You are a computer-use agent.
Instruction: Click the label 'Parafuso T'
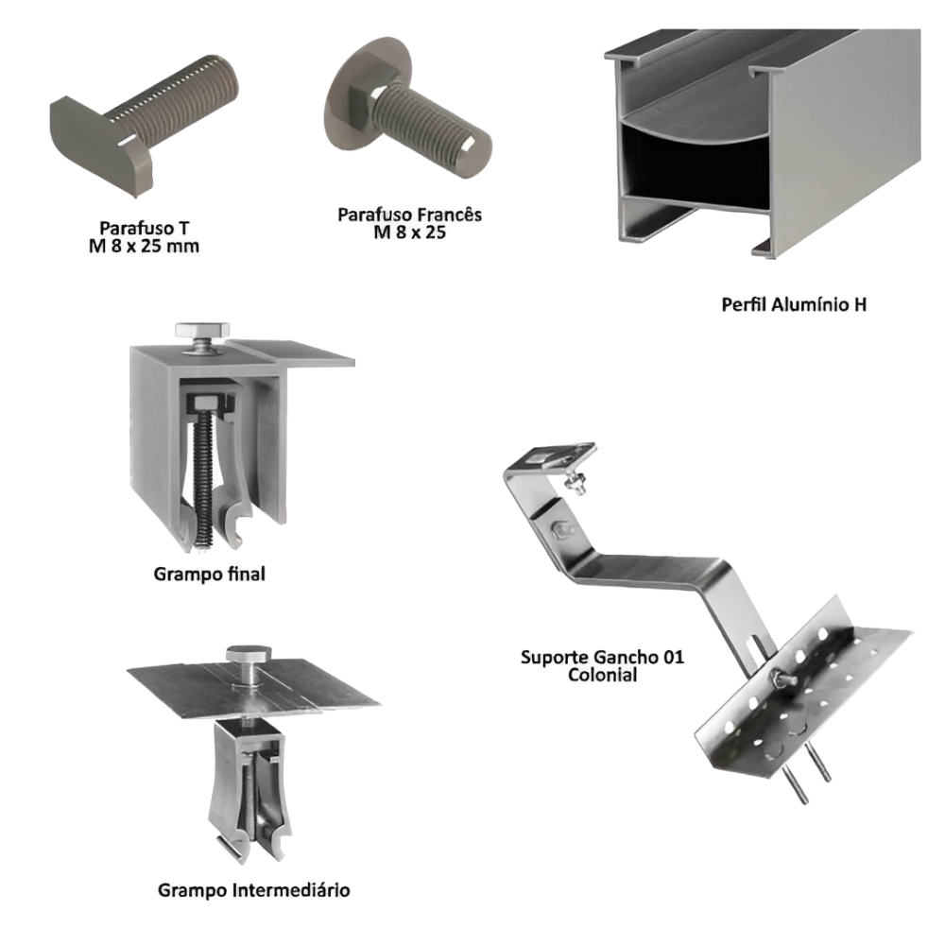pos(144,229)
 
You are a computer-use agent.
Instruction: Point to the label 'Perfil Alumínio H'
pos(794,304)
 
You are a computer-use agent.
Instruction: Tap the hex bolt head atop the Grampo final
pos(202,330)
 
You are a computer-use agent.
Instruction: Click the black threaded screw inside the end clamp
pos(204,476)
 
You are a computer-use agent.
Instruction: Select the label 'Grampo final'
pos(209,574)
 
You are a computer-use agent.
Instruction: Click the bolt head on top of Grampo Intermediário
pos(249,653)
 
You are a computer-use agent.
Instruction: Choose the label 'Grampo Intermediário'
pos(253,890)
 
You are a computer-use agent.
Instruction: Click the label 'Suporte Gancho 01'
pos(602,657)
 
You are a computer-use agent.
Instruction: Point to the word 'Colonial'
pos(602,675)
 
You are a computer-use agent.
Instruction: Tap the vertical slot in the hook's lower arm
pos(753,653)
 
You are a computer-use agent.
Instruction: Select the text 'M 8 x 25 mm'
pos(144,247)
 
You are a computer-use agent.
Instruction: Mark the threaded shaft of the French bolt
pos(431,129)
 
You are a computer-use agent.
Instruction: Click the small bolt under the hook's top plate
pos(576,482)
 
